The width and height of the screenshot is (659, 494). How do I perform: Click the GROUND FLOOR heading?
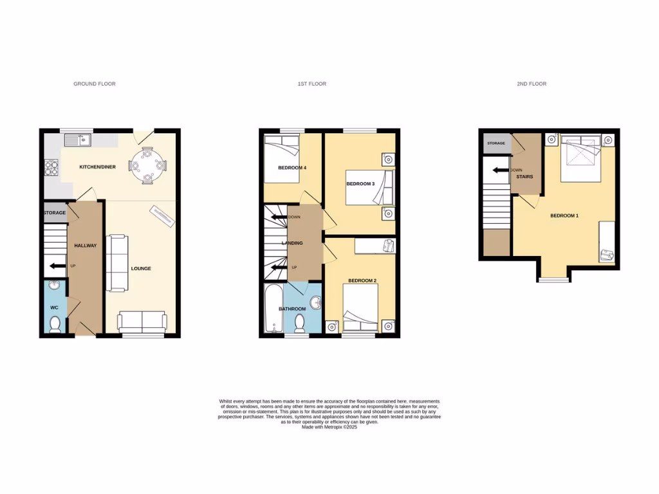[95, 84]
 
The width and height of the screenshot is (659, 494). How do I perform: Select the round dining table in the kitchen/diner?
[147, 166]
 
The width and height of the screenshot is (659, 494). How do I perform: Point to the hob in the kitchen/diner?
[51, 167]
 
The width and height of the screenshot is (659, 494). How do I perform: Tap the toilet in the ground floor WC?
[55, 324]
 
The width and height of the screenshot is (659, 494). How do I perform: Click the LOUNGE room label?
[140, 268]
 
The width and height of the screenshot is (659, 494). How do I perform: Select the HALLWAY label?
[85, 245]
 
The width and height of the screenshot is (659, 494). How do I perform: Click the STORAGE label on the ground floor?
[55, 213]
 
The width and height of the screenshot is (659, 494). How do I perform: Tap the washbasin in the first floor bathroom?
[315, 302]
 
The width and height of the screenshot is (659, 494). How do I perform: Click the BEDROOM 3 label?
[360, 184]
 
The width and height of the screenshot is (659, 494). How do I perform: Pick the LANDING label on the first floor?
[292, 243]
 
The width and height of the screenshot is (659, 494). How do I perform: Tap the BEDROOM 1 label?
[564, 215]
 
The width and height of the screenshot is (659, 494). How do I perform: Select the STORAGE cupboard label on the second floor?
[496, 143]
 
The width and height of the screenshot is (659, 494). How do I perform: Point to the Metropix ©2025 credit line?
[329, 427]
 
